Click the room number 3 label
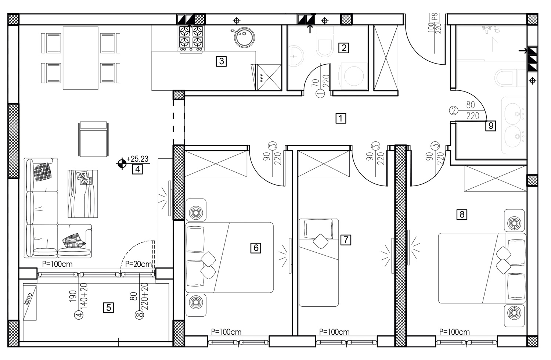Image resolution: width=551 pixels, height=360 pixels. click(x=222, y=61)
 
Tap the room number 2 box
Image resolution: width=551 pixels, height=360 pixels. click(x=343, y=48)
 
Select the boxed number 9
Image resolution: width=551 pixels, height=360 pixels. click(x=491, y=126)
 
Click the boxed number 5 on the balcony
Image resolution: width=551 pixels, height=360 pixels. click(x=108, y=307)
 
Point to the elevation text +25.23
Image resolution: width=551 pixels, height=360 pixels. click(x=137, y=159)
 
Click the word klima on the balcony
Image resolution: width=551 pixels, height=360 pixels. click(x=29, y=298)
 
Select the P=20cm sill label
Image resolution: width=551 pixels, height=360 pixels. click(x=138, y=264)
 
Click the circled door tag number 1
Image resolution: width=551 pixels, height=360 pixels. click(x=320, y=94)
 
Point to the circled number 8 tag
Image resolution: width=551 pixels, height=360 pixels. click(x=140, y=315)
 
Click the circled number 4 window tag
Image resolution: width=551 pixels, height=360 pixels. click(x=79, y=315)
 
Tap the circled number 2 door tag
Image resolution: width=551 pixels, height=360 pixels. click(x=454, y=111)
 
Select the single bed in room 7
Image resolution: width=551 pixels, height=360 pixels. click(x=319, y=263)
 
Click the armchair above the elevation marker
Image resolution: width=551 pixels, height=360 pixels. click(x=93, y=139)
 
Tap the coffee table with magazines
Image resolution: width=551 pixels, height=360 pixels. click(x=83, y=194)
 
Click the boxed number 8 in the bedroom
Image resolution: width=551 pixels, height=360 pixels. click(x=462, y=214)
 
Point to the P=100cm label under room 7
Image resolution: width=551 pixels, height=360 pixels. click(x=334, y=332)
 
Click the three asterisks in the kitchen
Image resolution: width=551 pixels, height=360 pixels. click(x=261, y=78)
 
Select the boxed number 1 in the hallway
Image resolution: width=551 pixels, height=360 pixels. click(x=341, y=118)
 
